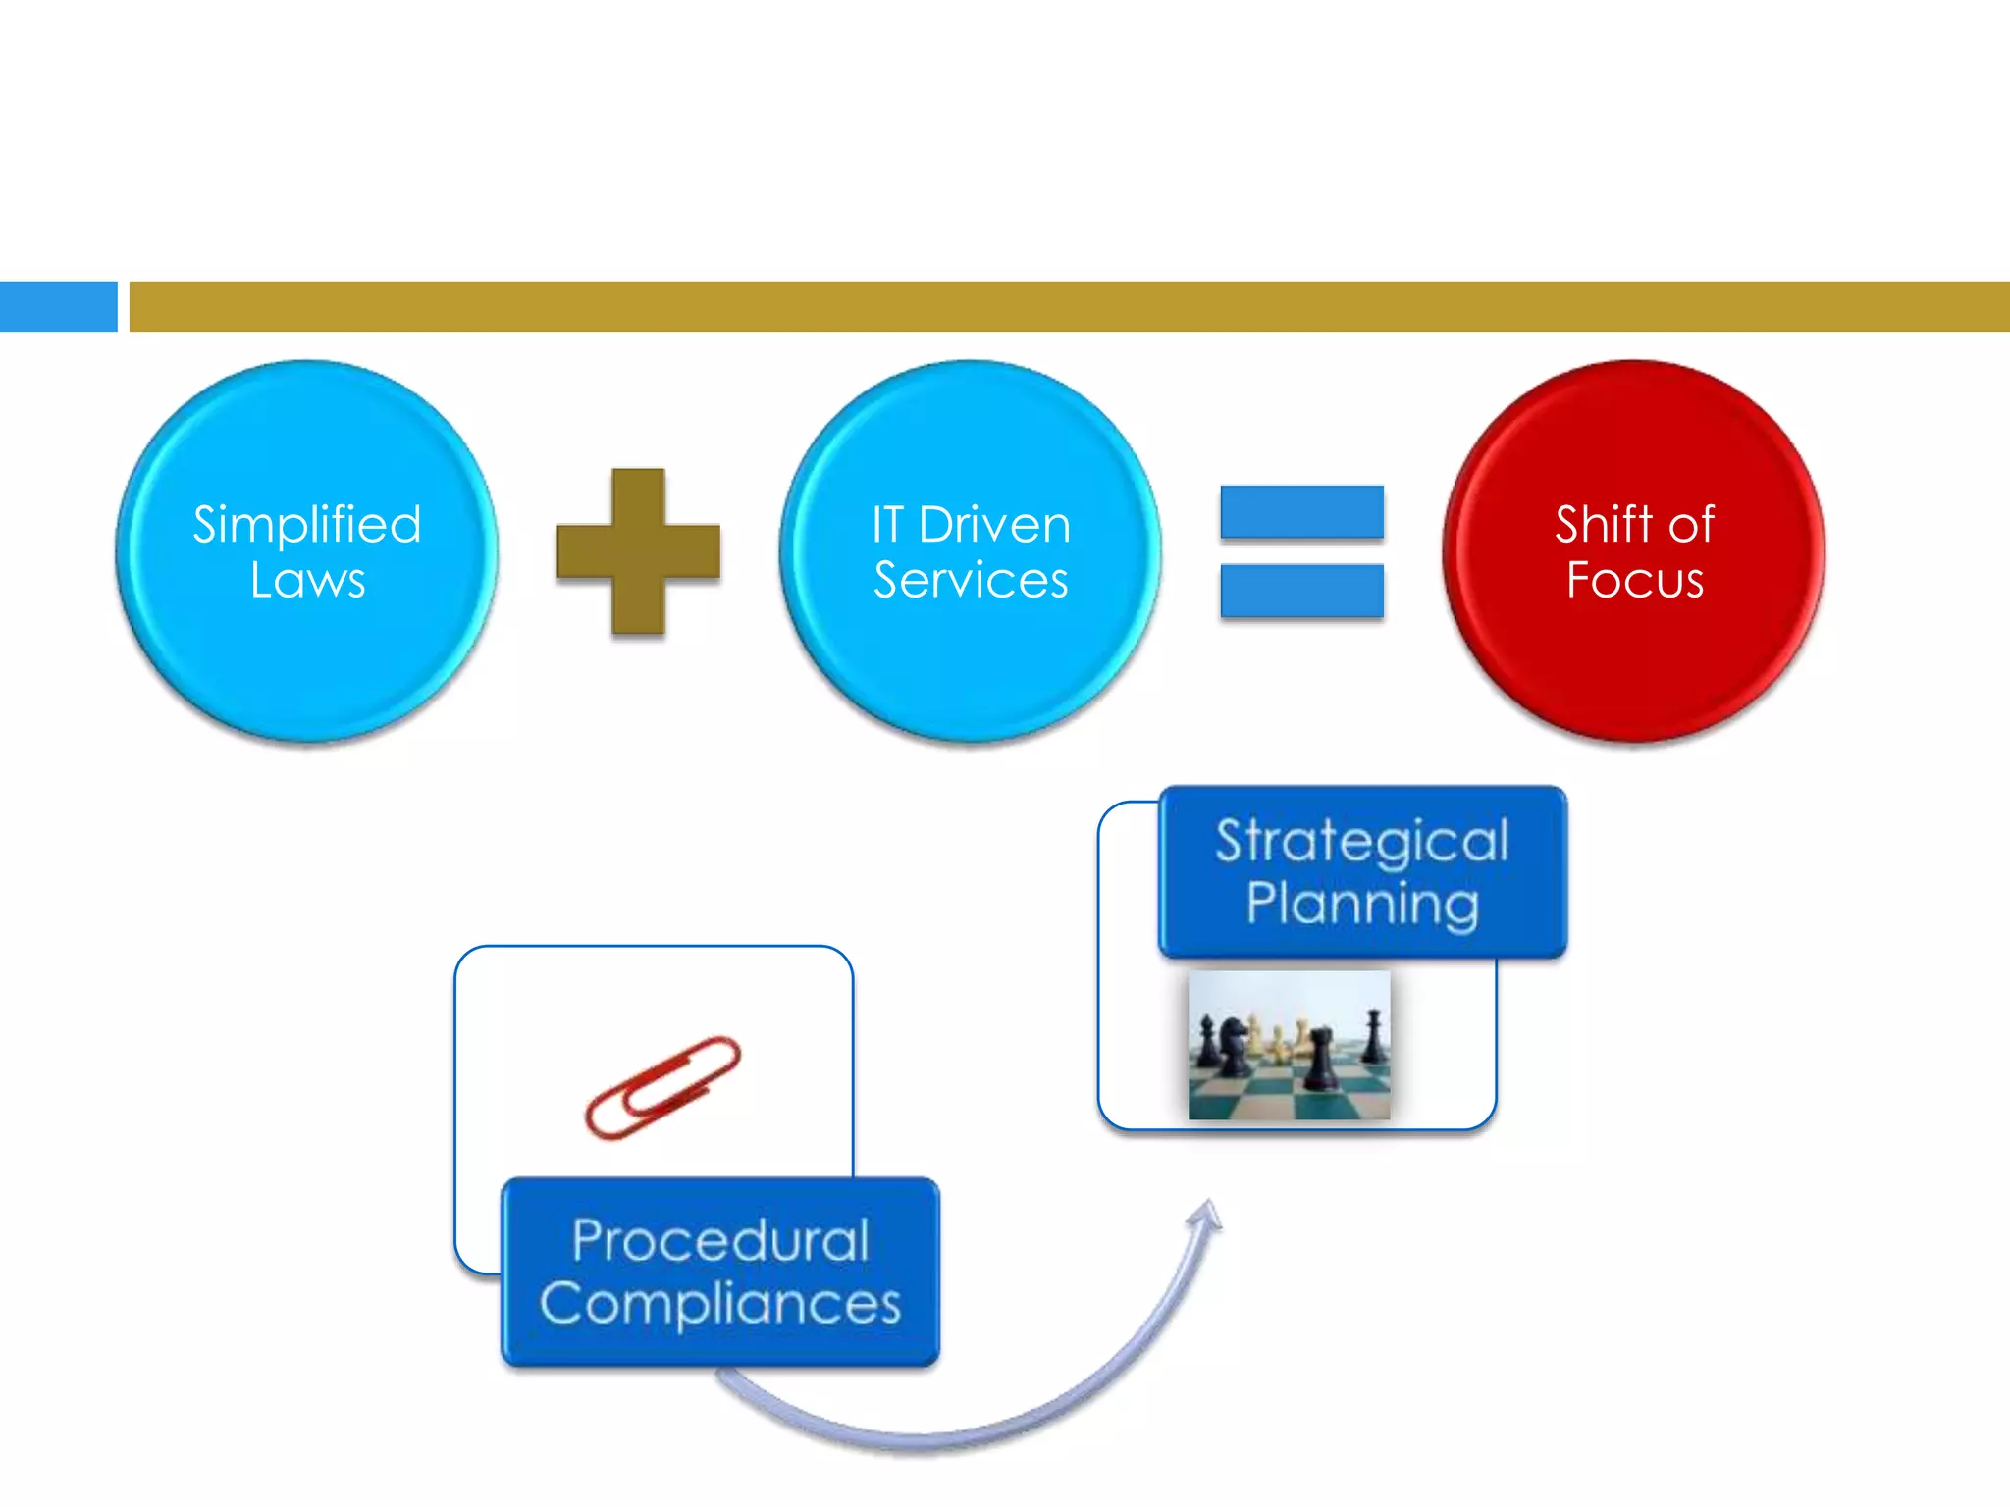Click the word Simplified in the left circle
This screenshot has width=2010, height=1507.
(x=307, y=524)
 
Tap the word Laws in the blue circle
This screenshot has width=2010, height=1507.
(x=307, y=580)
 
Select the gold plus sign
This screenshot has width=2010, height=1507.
(x=638, y=551)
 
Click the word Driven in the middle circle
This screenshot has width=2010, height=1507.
(x=994, y=524)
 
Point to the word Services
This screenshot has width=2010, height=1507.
(x=971, y=580)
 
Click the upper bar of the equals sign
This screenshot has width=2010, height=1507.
(x=1301, y=512)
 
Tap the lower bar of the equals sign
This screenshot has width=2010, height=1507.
(x=1301, y=591)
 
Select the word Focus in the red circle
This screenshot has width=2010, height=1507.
(x=1634, y=580)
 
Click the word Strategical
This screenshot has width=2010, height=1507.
(x=1362, y=841)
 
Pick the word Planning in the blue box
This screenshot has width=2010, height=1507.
(x=1362, y=904)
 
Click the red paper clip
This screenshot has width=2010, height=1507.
(x=662, y=1087)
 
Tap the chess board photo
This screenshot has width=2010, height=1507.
(x=1289, y=1045)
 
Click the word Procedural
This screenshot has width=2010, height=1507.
(x=720, y=1241)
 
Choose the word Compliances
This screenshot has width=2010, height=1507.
(x=720, y=1304)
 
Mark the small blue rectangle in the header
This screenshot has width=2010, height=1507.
(x=58, y=306)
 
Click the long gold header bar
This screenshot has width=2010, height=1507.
(x=1069, y=306)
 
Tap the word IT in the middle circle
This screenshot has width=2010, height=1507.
(x=886, y=524)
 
